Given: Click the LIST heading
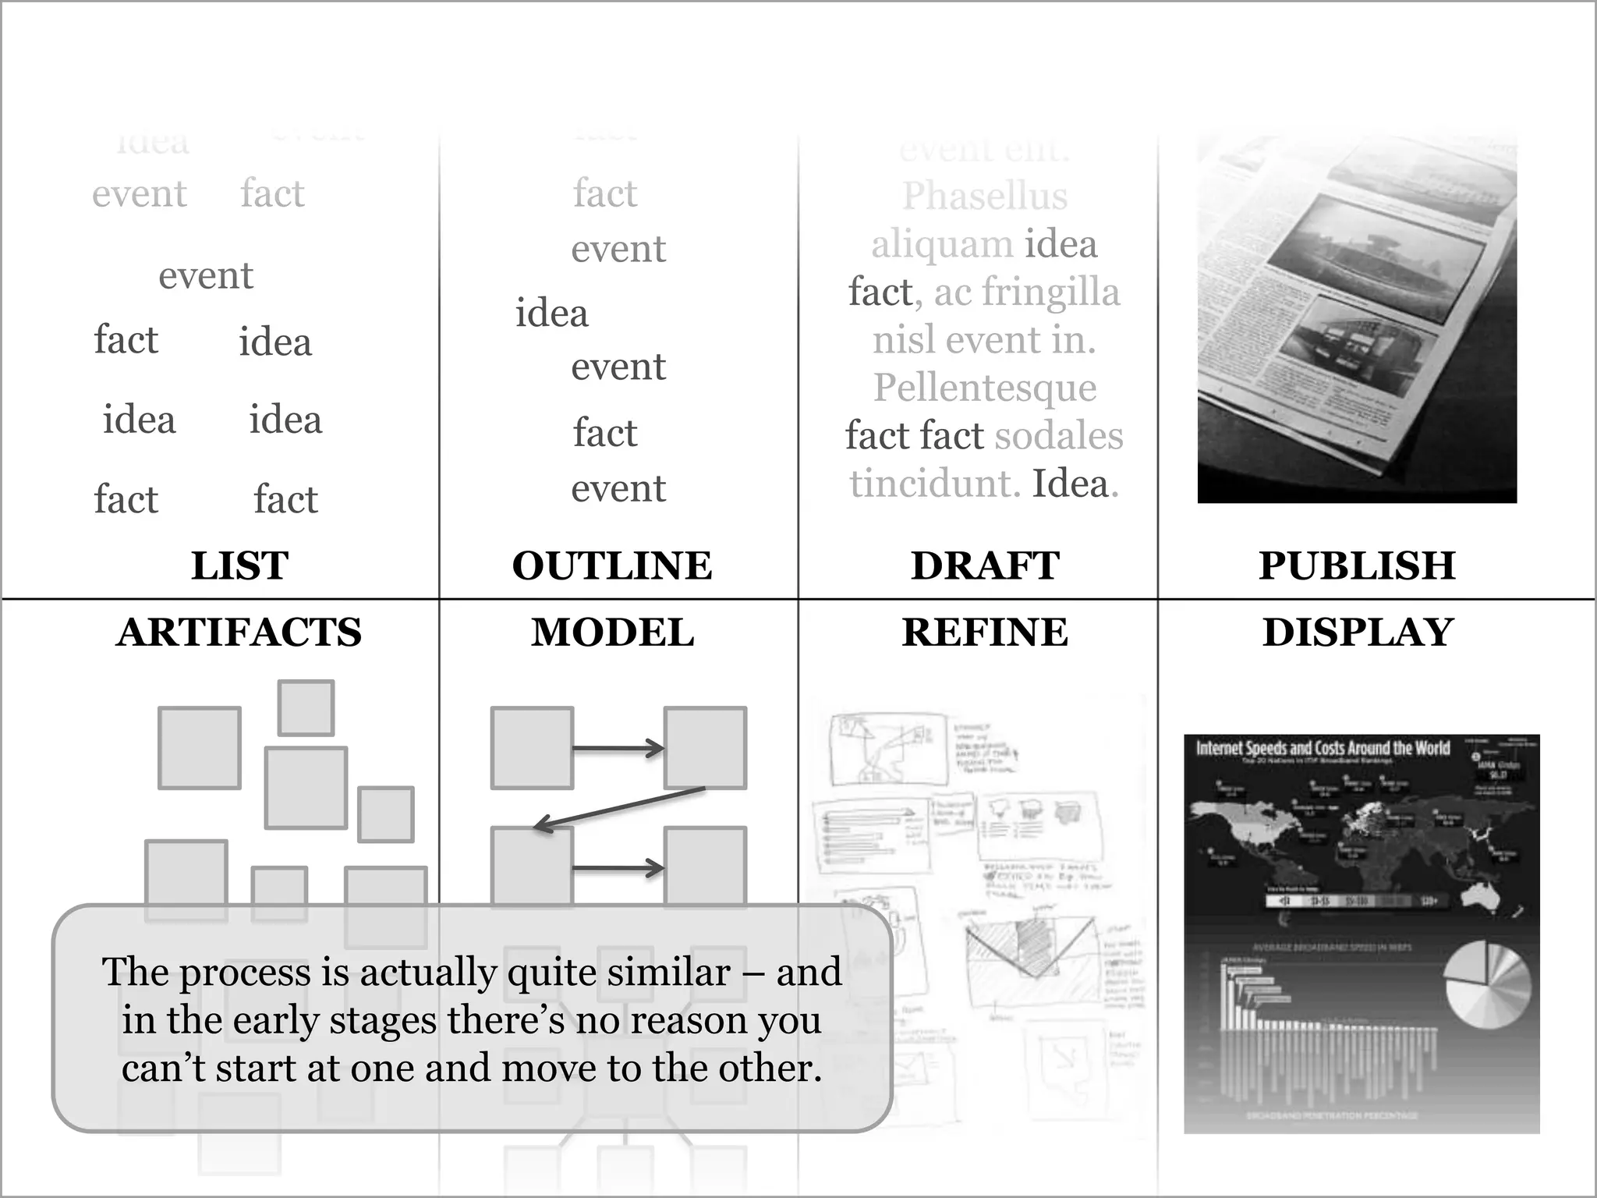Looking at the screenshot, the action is click(x=239, y=565).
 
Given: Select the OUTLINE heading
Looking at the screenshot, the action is click(x=612, y=565).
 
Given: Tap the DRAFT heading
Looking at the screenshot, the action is click(x=985, y=565).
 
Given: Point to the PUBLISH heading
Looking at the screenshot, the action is click(x=1357, y=565).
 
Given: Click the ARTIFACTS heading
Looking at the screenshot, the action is click(x=239, y=632).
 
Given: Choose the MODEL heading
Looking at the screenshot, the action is click(x=612, y=632).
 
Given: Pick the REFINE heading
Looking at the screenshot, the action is click(x=985, y=632).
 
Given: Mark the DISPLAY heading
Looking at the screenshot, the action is click(x=1358, y=632).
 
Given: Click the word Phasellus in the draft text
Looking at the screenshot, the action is click(x=985, y=196).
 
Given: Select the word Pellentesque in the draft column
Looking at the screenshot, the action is click(x=985, y=388).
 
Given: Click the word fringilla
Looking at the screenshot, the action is click(x=1050, y=292).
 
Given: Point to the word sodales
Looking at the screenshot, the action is click(x=1059, y=435).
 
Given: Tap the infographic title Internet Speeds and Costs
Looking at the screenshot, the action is click(x=1323, y=748).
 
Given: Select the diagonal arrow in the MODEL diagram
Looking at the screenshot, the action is click(x=619, y=809).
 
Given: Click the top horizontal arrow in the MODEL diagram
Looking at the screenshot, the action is click(x=618, y=749).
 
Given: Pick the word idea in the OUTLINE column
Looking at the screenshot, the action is click(x=551, y=314).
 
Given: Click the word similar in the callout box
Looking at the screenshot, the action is click(x=668, y=972).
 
